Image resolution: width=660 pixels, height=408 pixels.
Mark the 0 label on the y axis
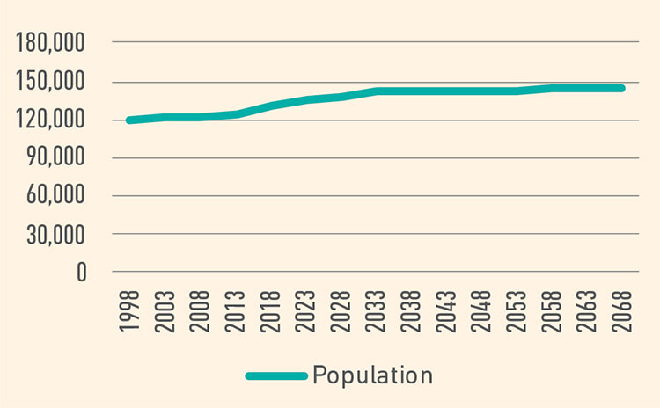click(x=81, y=273)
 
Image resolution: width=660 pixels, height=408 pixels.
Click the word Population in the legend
click(x=372, y=375)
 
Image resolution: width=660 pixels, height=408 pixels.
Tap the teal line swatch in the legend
click(x=275, y=376)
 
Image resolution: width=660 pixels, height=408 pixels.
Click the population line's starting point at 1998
click(x=130, y=120)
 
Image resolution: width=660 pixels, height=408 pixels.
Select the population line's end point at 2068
click(x=622, y=88)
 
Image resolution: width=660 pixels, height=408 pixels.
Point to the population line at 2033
click(x=377, y=91)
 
